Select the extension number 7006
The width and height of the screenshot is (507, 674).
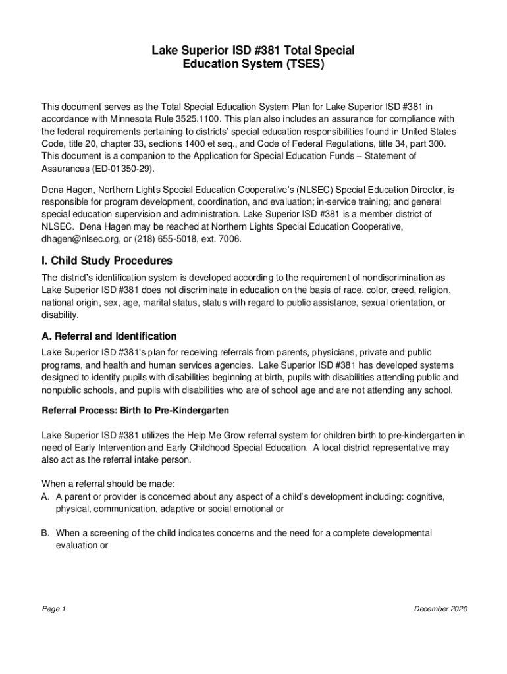tap(226, 239)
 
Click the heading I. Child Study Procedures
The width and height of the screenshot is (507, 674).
tap(107, 260)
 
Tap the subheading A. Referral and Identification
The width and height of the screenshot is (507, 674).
tap(109, 336)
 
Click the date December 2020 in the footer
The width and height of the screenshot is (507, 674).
tap(440, 609)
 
